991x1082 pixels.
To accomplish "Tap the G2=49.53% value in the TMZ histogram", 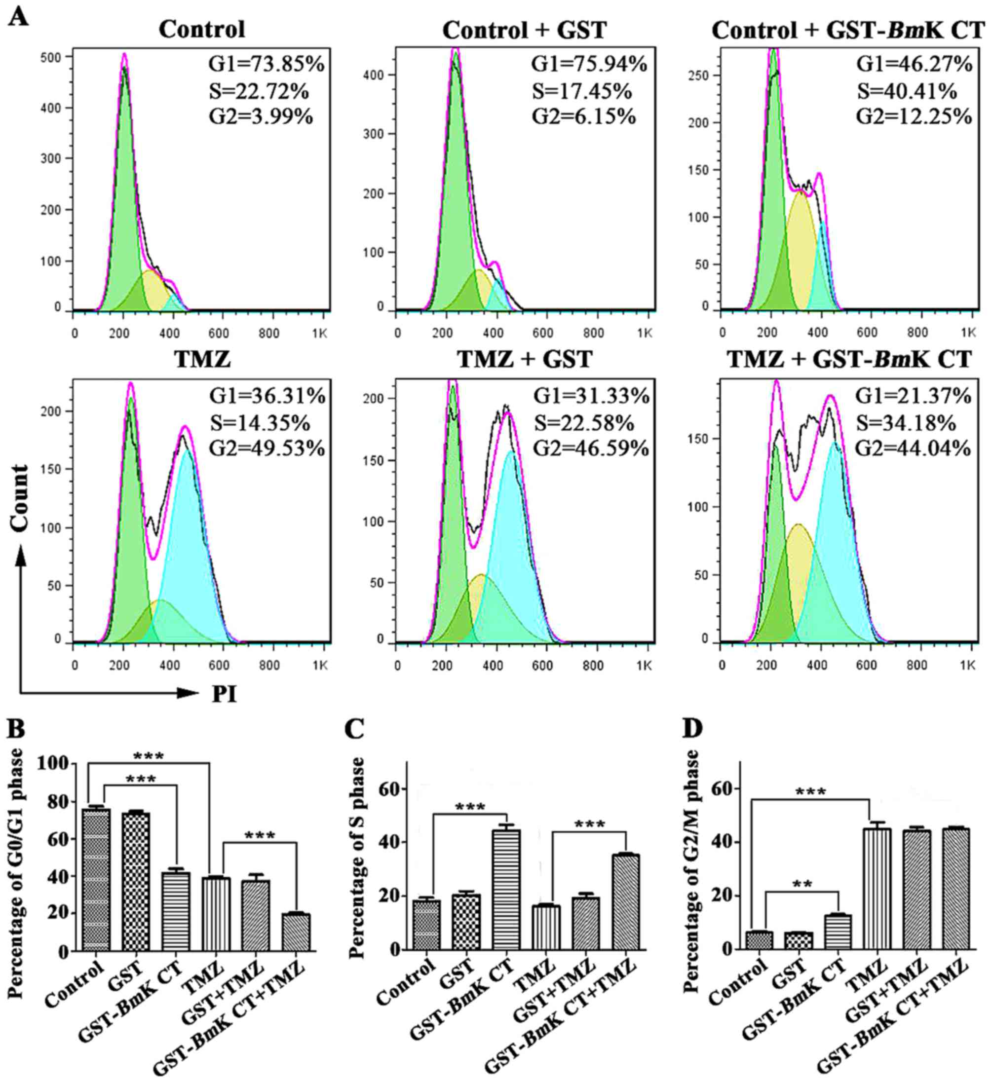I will pyautogui.click(x=267, y=448).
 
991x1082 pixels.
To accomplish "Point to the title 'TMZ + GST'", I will pyautogui.click(x=525, y=359).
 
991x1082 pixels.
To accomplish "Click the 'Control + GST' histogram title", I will pyautogui.click(x=525, y=30).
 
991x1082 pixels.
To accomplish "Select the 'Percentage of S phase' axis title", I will pyautogui.click(x=356, y=858).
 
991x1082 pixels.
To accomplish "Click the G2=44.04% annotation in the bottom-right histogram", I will pyautogui.click(x=913, y=448).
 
